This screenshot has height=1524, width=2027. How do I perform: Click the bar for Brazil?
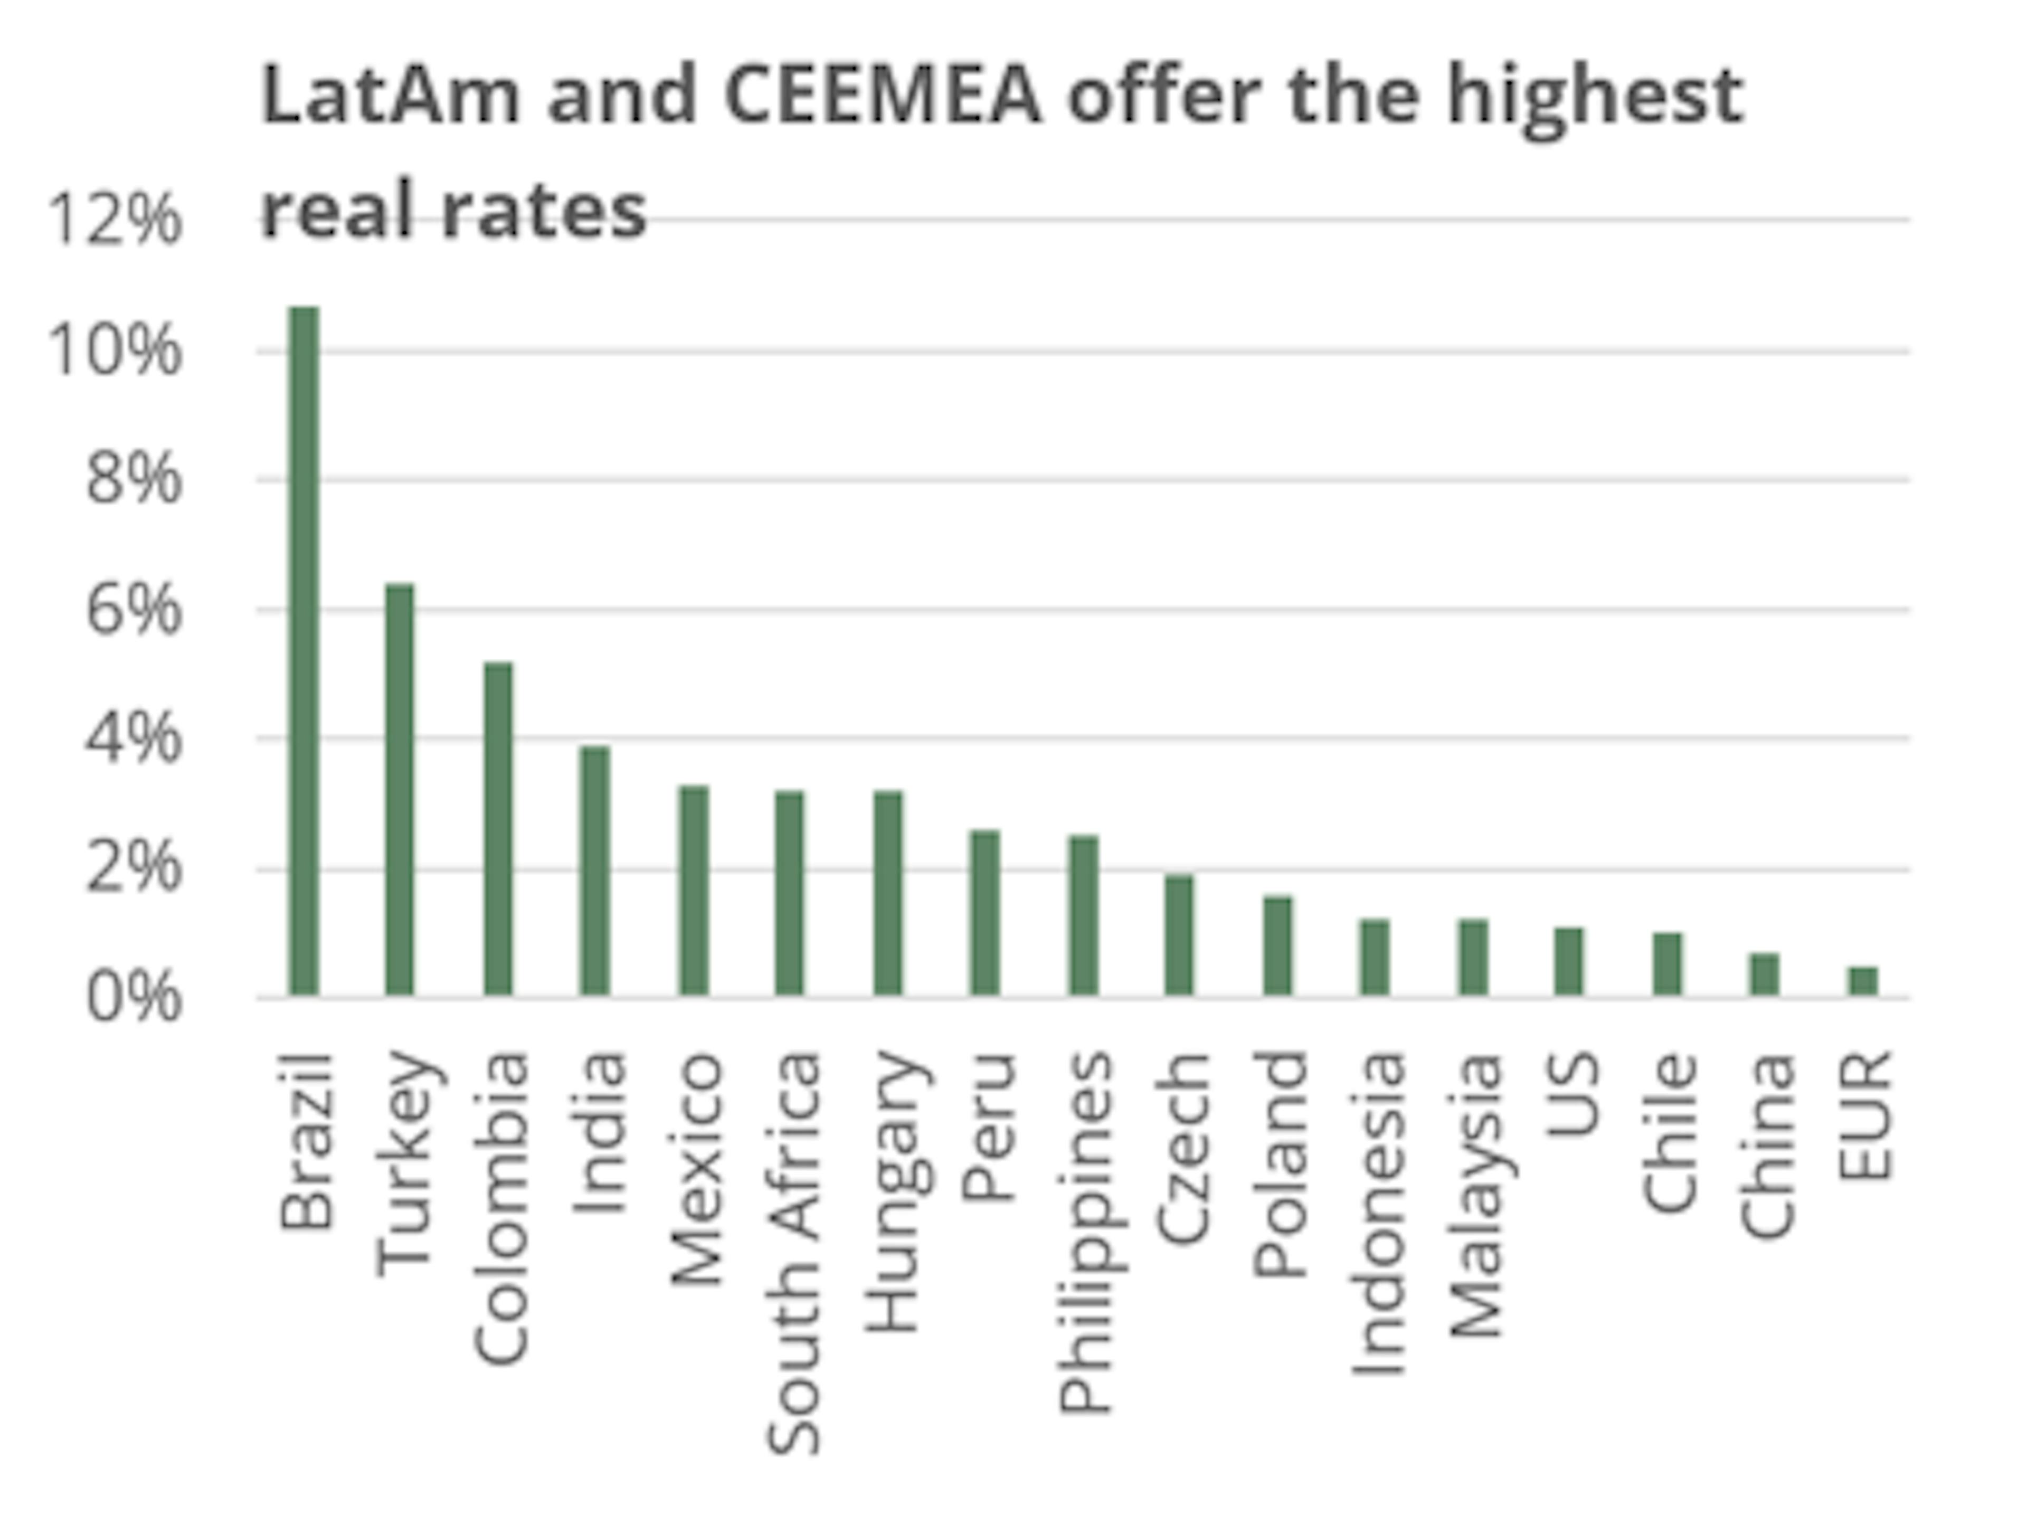304,651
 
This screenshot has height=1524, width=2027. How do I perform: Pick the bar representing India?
595,870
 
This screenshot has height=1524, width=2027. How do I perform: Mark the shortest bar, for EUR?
1863,981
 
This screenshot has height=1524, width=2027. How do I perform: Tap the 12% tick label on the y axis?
115,220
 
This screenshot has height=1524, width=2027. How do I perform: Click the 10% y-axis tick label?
115,351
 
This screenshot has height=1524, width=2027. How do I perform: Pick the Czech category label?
1184,1147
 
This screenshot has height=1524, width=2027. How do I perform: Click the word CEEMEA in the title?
883,96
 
